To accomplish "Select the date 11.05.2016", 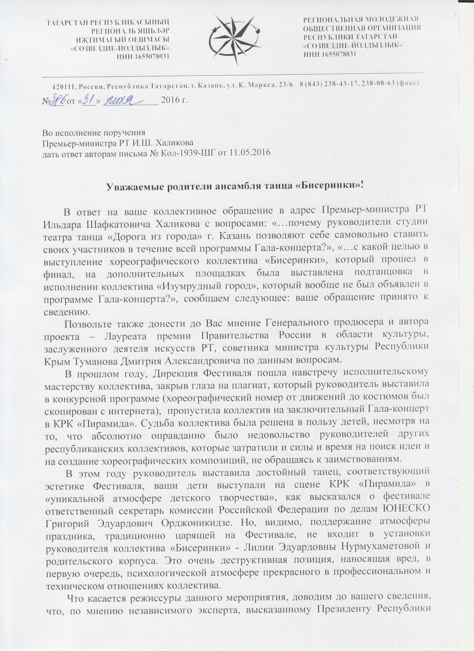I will click(x=251, y=152).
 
